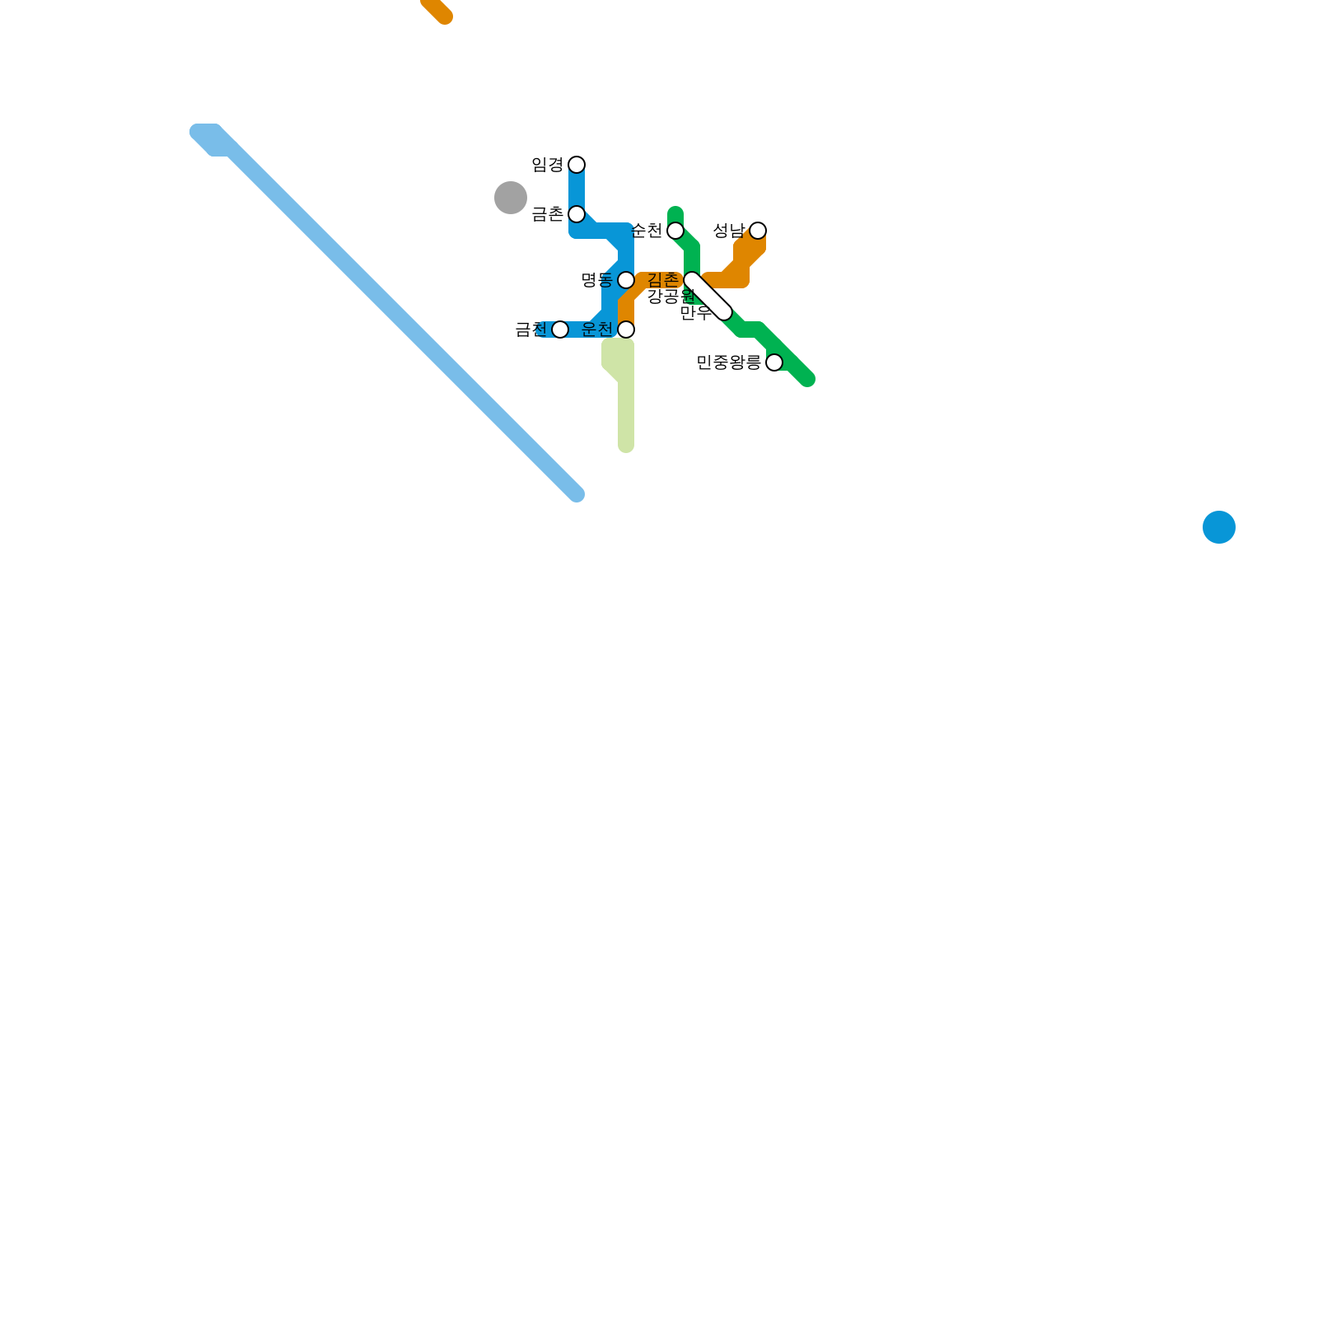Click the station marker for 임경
pos(577,165)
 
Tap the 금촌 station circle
pos(577,214)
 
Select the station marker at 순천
pos(675,231)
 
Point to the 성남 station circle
pos(758,231)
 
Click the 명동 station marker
pos(626,280)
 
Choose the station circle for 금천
pos(560,329)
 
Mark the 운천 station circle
pos(626,329)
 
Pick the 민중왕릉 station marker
pos(774,362)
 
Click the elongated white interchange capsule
pos(708,297)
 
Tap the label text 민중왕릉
pos(728,362)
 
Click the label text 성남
pos(728,231)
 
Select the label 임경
pos(547,165)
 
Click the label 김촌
pos(663,280)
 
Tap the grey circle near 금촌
pos(511,198)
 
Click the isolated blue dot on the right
pos(1219,527)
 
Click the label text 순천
pos(647,231)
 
